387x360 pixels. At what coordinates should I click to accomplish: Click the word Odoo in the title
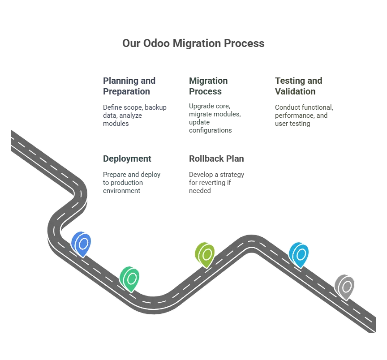(156, 43)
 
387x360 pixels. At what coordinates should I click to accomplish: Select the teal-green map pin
(129, 279)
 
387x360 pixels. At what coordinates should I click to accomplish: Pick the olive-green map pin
(205, 255)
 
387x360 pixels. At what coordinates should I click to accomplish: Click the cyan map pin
(299, 255)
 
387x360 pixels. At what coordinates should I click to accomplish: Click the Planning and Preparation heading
(129, 86)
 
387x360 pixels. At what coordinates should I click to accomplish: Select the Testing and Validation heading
(299, 86)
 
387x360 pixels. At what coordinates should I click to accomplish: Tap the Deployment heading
(127, 159)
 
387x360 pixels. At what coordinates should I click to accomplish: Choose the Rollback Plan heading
(216, 159)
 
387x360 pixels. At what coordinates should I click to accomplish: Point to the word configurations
(210, 130)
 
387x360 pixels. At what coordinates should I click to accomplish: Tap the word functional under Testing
(319, 107)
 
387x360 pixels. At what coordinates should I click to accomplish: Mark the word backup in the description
(156, 107)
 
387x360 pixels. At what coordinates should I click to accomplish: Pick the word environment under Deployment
(121, 191)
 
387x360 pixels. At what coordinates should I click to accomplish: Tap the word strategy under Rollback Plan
(232, 175)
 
